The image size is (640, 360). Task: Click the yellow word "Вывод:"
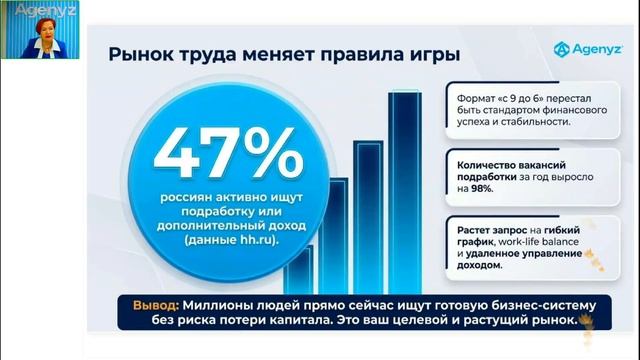pos(156,304)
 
